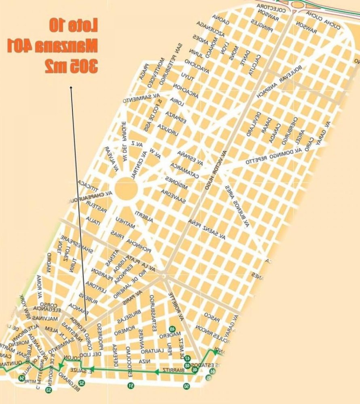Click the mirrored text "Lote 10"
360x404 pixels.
coord(74,26)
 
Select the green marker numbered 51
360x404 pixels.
coord(131,385)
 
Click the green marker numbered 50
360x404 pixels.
coord(186,386)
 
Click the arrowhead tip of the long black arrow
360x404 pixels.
coord(71,85)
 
